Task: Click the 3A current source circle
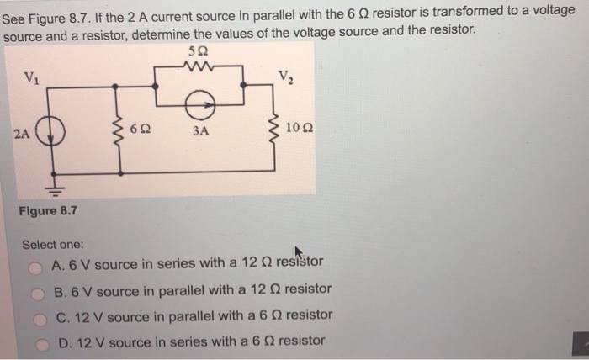[x=200, y=102]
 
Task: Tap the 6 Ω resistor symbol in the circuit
[x=120, y=131]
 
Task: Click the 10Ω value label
[x=299, y=130]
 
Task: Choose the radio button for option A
[x=36, y=267]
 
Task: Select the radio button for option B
[x=37, y=293]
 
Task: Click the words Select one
[x=52, y=244]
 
